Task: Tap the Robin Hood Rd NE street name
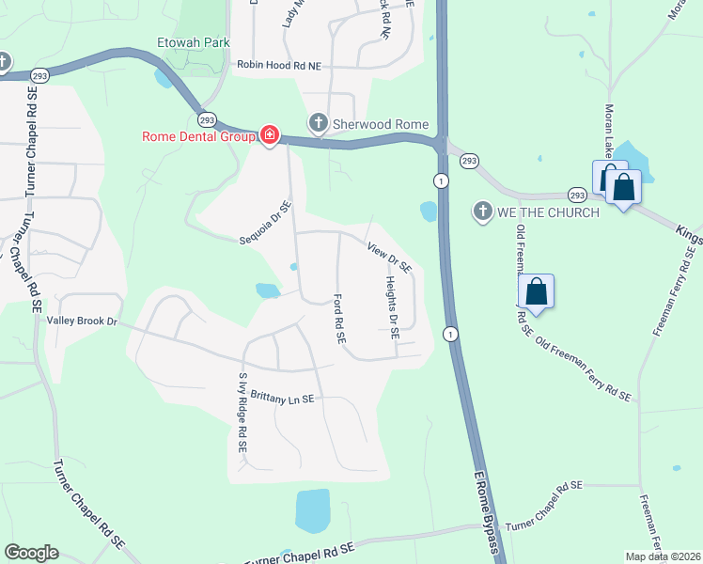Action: click(x=279, y=65)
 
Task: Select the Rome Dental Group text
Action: click(x=198, y=136)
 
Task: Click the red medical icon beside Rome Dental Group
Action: click(x=270, y=136)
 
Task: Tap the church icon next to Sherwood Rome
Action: click(x=318, y=123)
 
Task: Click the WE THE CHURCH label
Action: click(x=548, y=212)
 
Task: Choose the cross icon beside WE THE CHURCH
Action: click(x=483, y=211)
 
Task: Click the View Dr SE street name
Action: click(x=390, y=258)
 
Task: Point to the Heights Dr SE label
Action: click(x=393, y=307)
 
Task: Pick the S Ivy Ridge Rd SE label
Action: click(x=242, y=415)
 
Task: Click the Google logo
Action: click(x=31, y=553)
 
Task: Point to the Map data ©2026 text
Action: click(x=662, y=556)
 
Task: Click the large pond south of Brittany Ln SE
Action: click(x=313, y=510)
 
